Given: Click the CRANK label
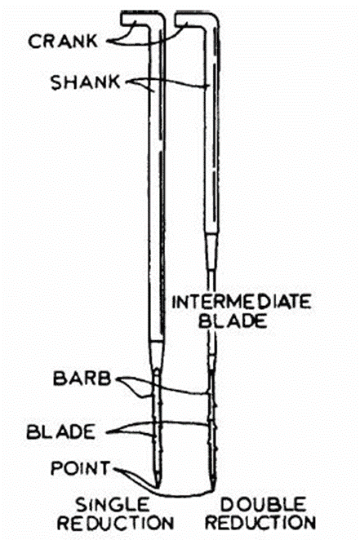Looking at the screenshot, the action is coord(63,41).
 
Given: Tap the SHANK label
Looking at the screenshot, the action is coord(86,82).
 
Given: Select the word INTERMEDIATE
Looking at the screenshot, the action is coord(242,302).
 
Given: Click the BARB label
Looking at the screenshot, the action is coord(82,378).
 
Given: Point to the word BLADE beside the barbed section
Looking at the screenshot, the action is coord(61,432).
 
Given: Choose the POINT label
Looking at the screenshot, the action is coord(81,468).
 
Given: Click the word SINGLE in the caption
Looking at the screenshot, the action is coord(113,505).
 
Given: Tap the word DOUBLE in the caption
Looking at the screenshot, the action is coord(264,505).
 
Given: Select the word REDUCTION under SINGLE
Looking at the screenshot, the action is coord(115,524).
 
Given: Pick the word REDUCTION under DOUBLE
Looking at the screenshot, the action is coord(260,523).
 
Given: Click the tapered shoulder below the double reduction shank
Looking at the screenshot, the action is coord(211,250).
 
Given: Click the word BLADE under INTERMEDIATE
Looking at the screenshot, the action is coord(233,321).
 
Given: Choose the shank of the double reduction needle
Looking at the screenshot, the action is coord(211,131).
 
